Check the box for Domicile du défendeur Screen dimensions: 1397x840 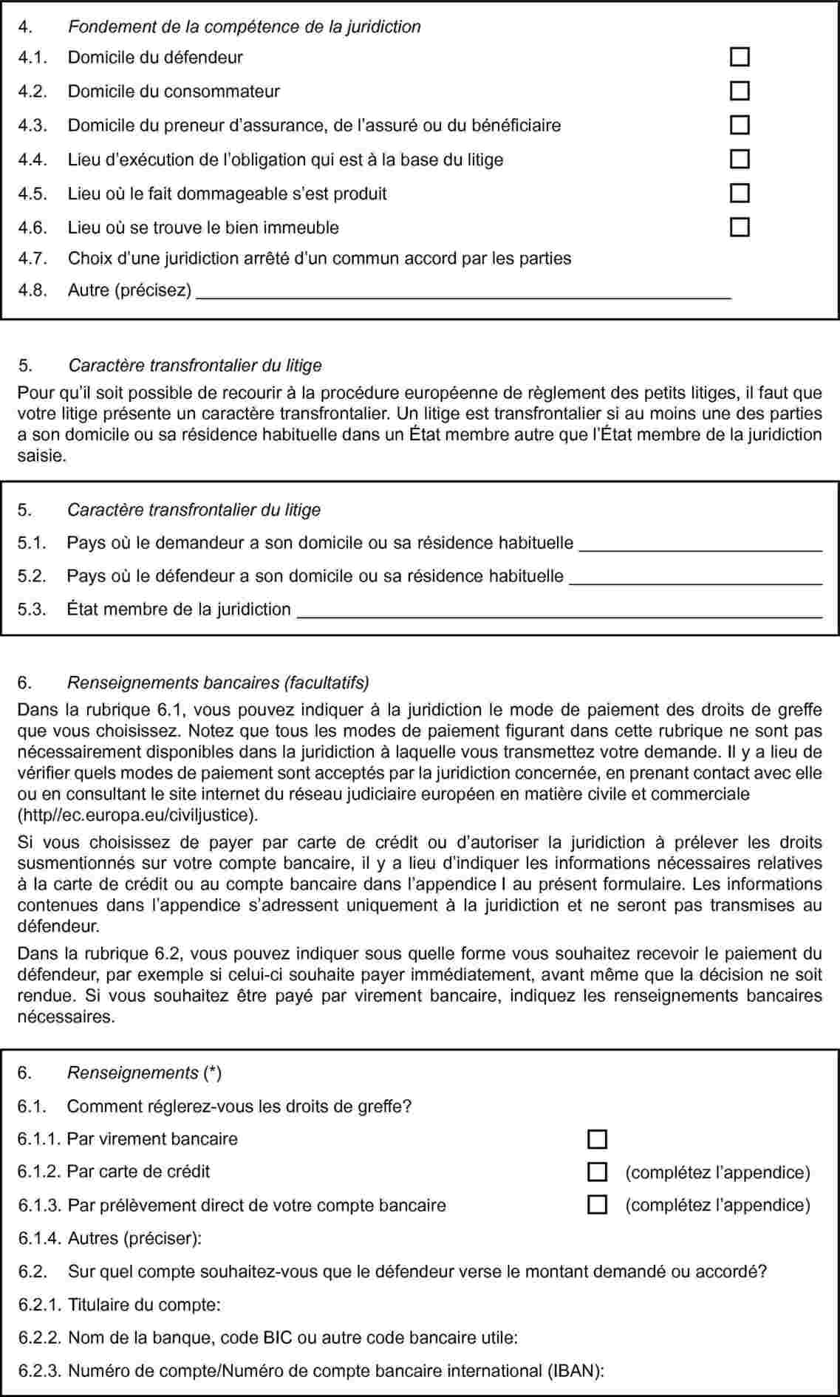(x=740, y=57)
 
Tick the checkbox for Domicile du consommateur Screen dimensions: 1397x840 (x=740, y=91)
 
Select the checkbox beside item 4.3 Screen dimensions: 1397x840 (x=740, y=125)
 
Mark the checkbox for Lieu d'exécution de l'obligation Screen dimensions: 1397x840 (x=740, y=159)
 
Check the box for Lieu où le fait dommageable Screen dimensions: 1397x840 (x=740, y=193)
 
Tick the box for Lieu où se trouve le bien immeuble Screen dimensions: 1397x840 (x=740, y=227)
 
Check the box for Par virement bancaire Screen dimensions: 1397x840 (x=597, y=1139)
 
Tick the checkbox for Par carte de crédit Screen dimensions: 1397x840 (x=597, y=1172)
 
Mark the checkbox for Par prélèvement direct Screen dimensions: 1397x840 (x=597, y=1205)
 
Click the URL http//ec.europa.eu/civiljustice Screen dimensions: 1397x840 (x=137, y=816)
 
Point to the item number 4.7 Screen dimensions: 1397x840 (x=33, y=259)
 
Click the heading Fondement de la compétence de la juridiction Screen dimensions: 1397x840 (x=244, y=27)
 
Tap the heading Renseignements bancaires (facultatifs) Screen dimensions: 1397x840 (x=218, y=682)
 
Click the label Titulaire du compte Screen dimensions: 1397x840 (x=144, y=1305)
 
